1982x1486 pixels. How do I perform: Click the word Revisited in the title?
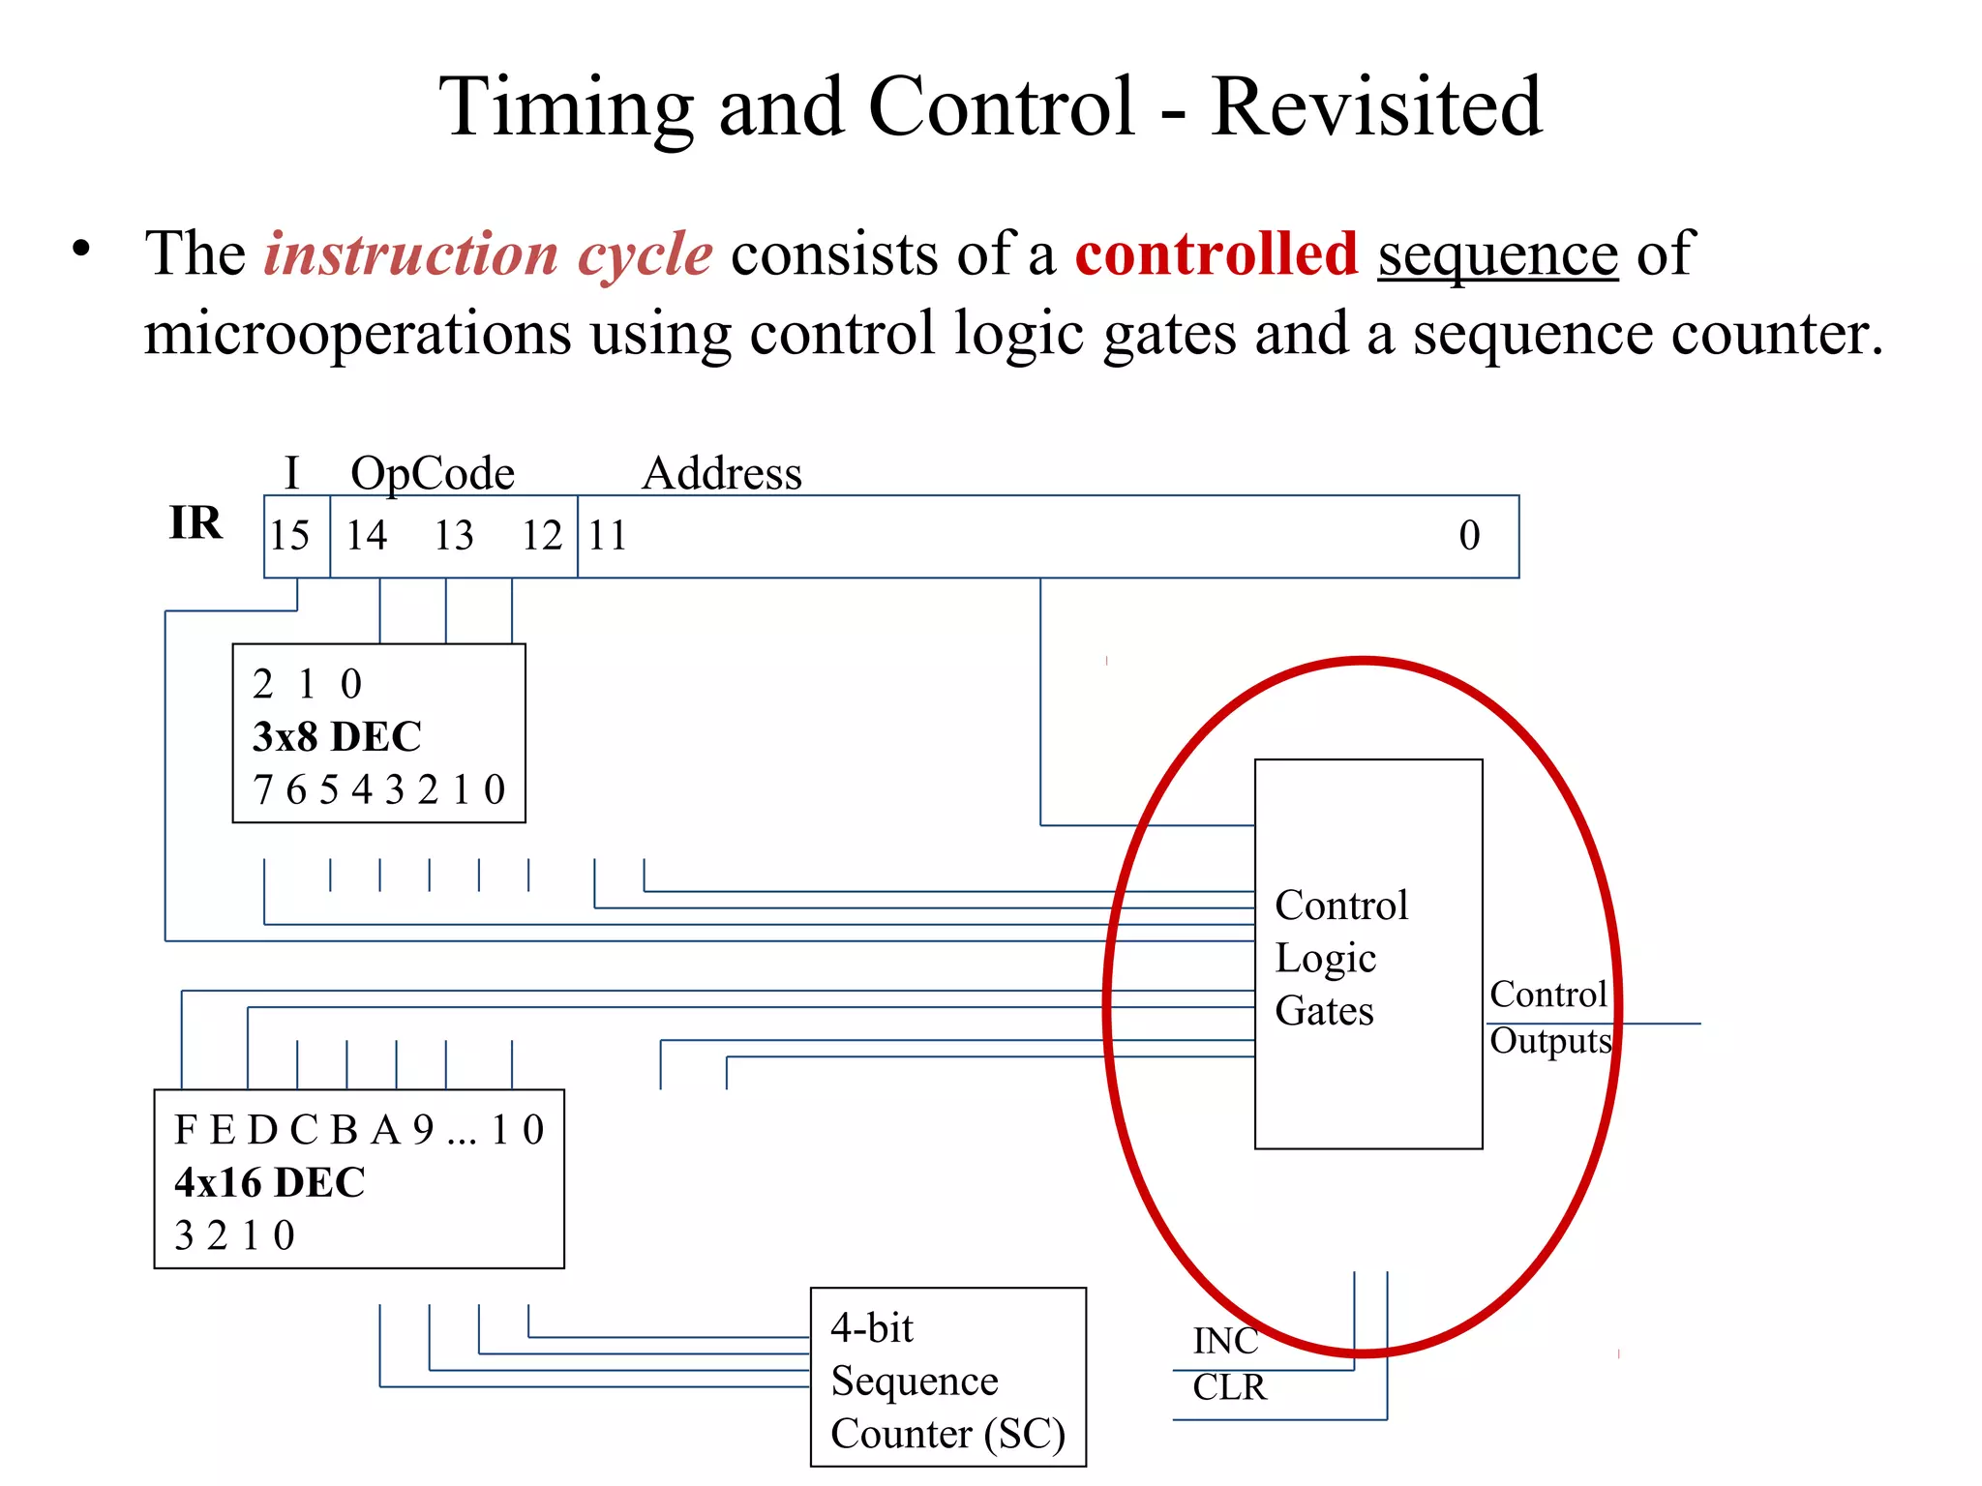click(1375, 106)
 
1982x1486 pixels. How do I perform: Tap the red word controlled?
click(1216, 254)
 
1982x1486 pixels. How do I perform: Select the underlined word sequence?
click(1497, 254)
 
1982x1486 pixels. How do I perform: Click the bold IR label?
click(195, 523)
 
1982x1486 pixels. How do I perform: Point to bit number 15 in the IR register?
click(289, 536)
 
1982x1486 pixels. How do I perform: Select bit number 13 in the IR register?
click(453, 536)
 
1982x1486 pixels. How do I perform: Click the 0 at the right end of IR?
click(1469, 536)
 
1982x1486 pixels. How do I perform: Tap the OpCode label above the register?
click(432, 474)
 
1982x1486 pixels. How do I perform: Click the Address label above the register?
click(722, 474)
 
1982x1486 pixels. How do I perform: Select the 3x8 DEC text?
click(337, 737)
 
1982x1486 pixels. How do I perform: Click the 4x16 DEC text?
click(269, 1182)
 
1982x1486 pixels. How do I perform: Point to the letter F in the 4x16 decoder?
click(185, 1130)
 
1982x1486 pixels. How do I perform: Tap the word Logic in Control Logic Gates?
click(1325, 959)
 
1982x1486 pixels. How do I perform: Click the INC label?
click(1225, 1341)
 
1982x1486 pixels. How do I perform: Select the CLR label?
click(1229, 1387)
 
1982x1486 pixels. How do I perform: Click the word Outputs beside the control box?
click(1550, 1042)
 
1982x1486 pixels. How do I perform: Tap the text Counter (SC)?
click(947, 1434)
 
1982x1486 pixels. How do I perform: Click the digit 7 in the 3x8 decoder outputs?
click(262, 790)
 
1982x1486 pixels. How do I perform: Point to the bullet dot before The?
click(81, 249)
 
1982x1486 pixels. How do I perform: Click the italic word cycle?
click(645, 254)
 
